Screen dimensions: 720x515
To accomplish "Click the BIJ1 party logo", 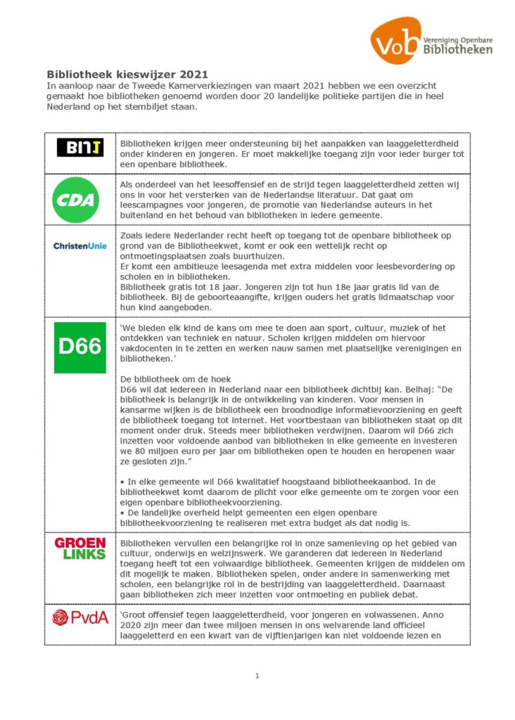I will [x=80, y=148].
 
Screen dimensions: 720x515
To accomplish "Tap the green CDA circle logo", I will [x=76, y=200].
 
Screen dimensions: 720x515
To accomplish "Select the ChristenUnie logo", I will [x=80, y=245].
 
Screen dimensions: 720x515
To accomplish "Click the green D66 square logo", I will [x=80, y=347].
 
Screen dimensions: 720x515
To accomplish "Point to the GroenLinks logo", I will [x=80, y=548].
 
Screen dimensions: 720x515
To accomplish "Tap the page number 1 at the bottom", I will [x=257, y=676].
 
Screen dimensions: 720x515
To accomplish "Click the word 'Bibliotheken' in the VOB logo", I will [x=458, y=49].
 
